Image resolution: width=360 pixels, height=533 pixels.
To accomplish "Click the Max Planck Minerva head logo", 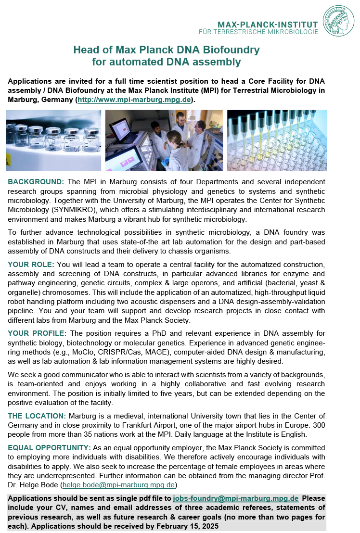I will pyautogui.click(x=338, y=21).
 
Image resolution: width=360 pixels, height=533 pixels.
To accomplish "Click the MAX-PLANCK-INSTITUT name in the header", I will pyautogui.click(x=268, y=25).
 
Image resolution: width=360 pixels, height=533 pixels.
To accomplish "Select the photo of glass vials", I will pyautogui.click(x=54, y=140).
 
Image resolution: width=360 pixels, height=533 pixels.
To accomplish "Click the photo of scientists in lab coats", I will pyautogui.click(x=164, y=140).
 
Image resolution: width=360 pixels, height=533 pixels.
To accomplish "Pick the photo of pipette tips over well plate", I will pyautogui.click(x=277, y=140).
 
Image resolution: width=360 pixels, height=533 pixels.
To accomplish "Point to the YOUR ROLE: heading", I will pyautogui.click(x=31, y=265).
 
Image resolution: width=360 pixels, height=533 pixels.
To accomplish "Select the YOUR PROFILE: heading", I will pyautogui.click(x=37, y=333).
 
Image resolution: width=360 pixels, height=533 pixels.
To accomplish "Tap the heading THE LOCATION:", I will pyautogui.click(x=37, y=416).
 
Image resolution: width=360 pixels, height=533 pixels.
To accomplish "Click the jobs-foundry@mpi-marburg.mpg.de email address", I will pyautogui.click(x=235, y=498).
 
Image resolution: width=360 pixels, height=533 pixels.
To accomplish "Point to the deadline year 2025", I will pyautogui.click(x=208, y=526).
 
